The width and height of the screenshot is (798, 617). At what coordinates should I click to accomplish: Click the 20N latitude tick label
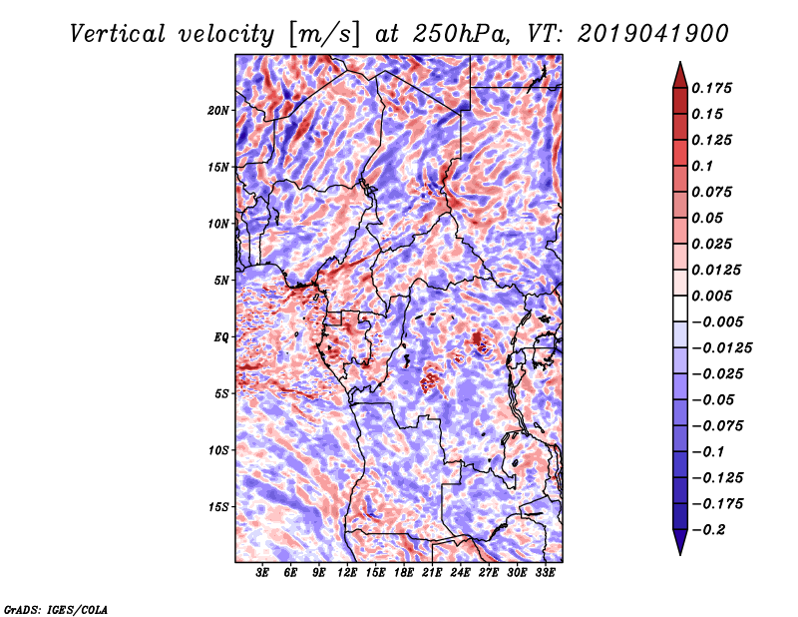[x=218, y=110]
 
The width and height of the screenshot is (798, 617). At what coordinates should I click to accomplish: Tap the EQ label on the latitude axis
[x=221, y=336]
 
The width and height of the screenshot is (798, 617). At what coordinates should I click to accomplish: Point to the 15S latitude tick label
[x=218, y=506]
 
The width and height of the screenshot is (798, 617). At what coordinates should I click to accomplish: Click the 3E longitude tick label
[x=262, y=573]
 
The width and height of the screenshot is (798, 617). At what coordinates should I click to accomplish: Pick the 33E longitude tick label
[x=546, y=573]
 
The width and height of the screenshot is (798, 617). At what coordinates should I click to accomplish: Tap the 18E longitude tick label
[x=404, y=573]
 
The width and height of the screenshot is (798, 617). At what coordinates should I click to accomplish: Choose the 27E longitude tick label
[x=489, y=573]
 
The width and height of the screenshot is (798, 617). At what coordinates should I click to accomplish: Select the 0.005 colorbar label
[x=714, y=296]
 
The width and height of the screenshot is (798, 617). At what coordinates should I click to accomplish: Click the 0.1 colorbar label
[x=705, y=166]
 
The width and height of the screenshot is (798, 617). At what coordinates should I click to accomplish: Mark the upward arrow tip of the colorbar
[x=679, y=65]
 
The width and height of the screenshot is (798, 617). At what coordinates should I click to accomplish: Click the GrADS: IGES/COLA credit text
[x=55, y=608]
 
